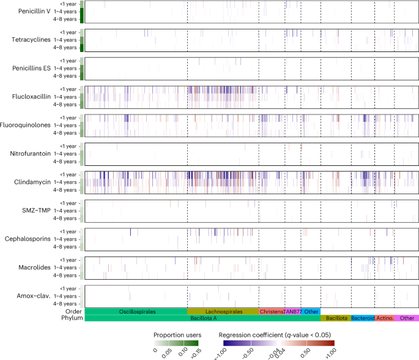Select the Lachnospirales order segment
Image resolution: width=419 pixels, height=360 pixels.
coord(223,312)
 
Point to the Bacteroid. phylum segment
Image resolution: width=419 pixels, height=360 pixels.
coord(363,318)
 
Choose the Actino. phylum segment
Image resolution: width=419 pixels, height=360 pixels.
coord(385,318)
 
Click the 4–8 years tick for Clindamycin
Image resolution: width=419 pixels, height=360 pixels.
coord(65,190)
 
